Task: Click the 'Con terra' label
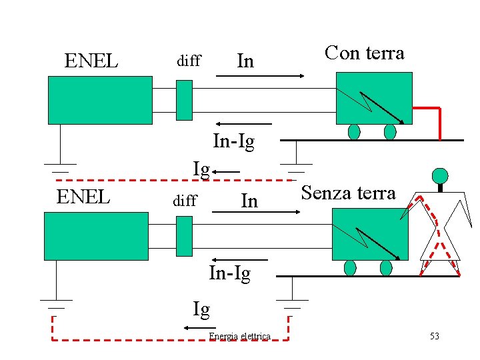coord(364,53)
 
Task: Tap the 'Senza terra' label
coord(348,193)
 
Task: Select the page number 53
coord(434,336)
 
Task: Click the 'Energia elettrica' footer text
coord(239,336)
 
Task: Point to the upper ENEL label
coord(91,61)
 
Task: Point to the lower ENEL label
coord(83,197)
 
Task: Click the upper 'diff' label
coord(188,61)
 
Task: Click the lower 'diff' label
coord(185,200)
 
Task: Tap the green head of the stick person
coord(439,176)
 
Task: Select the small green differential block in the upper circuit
coord(184,100)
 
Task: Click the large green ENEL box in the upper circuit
coord(100,100)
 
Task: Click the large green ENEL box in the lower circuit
coord(96,236)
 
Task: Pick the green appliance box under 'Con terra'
coord(374,97)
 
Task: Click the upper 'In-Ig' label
coord(233,142)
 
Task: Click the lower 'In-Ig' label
coord(229,273)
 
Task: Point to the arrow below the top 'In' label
coord(260,76)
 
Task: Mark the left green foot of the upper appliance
coord(354,132)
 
